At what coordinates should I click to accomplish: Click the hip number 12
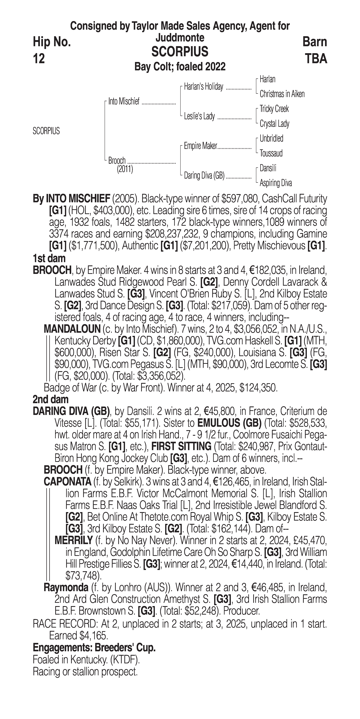[39, 59]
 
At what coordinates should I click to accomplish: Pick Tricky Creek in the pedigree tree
[274, 109]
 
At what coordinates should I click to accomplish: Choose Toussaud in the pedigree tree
[271, 153]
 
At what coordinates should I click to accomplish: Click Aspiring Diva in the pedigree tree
[276, 183]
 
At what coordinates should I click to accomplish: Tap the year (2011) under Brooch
[125, 169]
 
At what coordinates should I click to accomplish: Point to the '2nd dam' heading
[51, 399]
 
